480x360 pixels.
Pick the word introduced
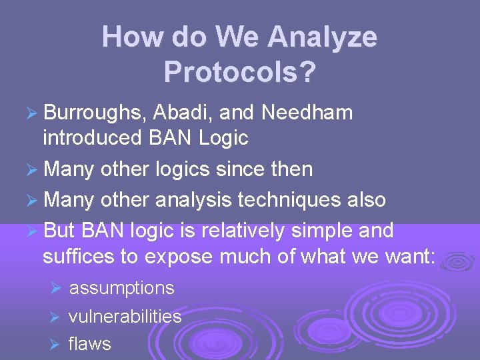click(90, 138)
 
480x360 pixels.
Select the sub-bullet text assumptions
click(121, 288)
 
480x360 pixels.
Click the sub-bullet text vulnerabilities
click(125, 316)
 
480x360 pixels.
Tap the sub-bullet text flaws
click(89, 344)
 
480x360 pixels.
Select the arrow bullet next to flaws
click(56, 345)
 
